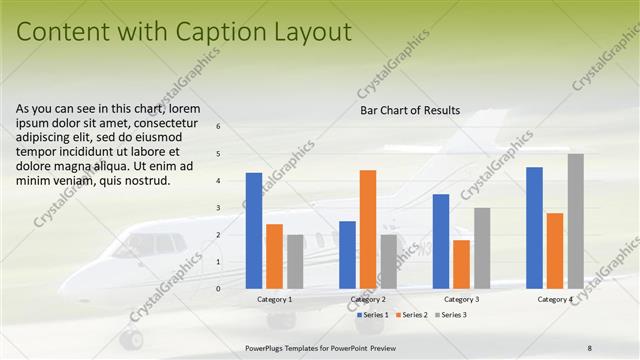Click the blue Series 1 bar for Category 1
(254, 231)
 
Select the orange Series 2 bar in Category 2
(368, 229)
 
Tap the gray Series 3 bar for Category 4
(575, 221)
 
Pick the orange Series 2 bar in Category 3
(461, 264)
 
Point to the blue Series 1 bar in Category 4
(534, 228)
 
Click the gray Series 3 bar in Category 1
(295, 261)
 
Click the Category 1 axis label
(274, 300)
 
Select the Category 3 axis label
(461, 300)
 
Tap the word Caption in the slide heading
(222, 32)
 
